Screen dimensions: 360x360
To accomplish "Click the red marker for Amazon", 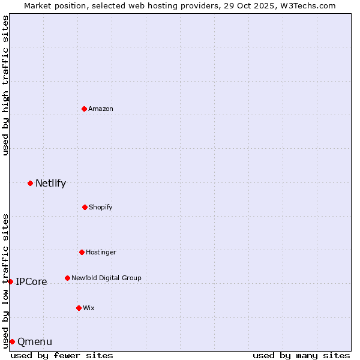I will click(x=84, y=109).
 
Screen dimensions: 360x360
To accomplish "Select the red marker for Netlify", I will click(x=30, y=183).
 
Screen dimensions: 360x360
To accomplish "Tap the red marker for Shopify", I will click(x=85, y=207).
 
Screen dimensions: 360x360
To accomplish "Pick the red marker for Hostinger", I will click(x=82, y=252).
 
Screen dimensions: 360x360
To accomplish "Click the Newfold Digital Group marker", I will click(x=67, y=278).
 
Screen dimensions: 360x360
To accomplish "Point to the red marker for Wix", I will click(x=79, y=308).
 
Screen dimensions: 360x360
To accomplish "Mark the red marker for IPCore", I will click(x=10, y=281).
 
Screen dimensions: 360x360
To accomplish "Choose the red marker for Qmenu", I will click(x=12, y=341).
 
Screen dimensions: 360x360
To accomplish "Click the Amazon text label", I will click(x=101, y=109).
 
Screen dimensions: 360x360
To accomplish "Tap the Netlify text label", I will click(x=50, y=183).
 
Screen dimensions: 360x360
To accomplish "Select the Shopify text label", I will click(x=101, y=207).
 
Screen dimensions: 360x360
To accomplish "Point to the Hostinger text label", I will click(x=101, y=252).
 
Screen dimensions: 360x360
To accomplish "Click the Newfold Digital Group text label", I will click(x=106, y=278).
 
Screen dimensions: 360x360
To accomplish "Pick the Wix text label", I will click(x=89, y=308).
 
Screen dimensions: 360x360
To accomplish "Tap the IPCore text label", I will click(x=31, y=281).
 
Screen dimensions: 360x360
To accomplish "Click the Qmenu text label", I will click(x=35, y=341).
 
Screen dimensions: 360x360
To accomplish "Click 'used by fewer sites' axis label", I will click(x=62, y=355).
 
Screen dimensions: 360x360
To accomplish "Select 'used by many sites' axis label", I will click(x=301, y=355).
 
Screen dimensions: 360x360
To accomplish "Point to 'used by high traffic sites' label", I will click(x=5, y=85).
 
